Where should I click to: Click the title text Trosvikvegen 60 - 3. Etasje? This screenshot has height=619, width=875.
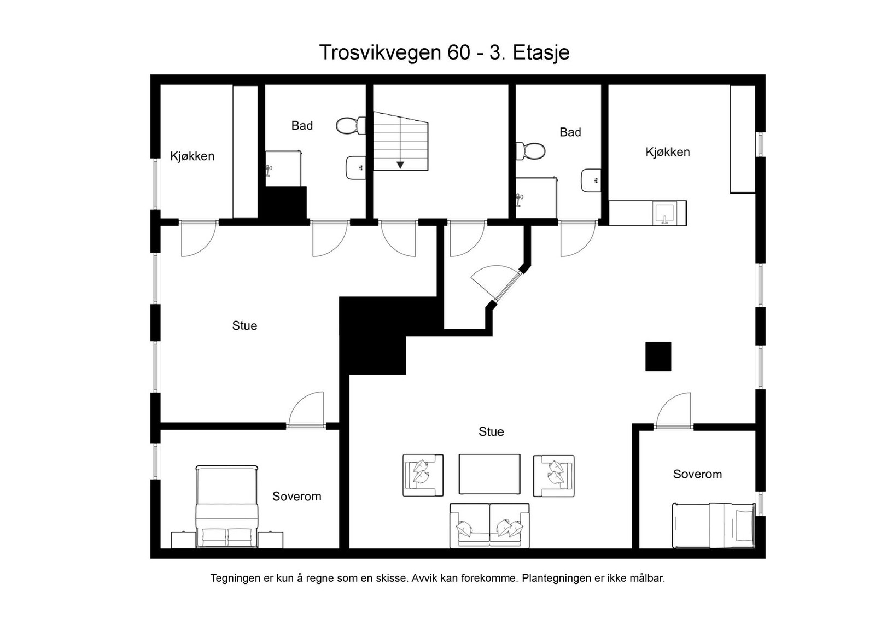point(444,52)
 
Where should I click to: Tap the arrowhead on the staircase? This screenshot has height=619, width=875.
point(400,165)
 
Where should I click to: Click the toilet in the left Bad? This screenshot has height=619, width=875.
point(350,126)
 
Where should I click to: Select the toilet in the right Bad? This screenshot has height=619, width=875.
point(530,151)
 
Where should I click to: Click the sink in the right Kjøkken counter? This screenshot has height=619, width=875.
point(665,213)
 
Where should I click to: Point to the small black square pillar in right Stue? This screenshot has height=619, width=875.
point(658,357)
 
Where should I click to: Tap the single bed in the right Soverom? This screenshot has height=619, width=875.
point(712,525)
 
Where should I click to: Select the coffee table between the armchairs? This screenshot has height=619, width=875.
point(489,474)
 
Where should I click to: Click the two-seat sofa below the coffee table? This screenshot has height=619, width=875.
point(489,525)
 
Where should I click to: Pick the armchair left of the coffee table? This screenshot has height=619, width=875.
point(423,475)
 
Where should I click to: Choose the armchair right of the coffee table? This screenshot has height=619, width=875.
point(554,475)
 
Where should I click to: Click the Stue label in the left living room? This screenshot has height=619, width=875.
point(244,326)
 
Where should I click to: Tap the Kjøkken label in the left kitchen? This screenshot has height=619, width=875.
point(192,156)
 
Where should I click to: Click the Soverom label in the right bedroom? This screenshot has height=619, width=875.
point(697,475)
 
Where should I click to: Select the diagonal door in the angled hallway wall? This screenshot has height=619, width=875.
point(495,283)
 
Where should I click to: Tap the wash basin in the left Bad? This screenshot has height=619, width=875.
point(356,167)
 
